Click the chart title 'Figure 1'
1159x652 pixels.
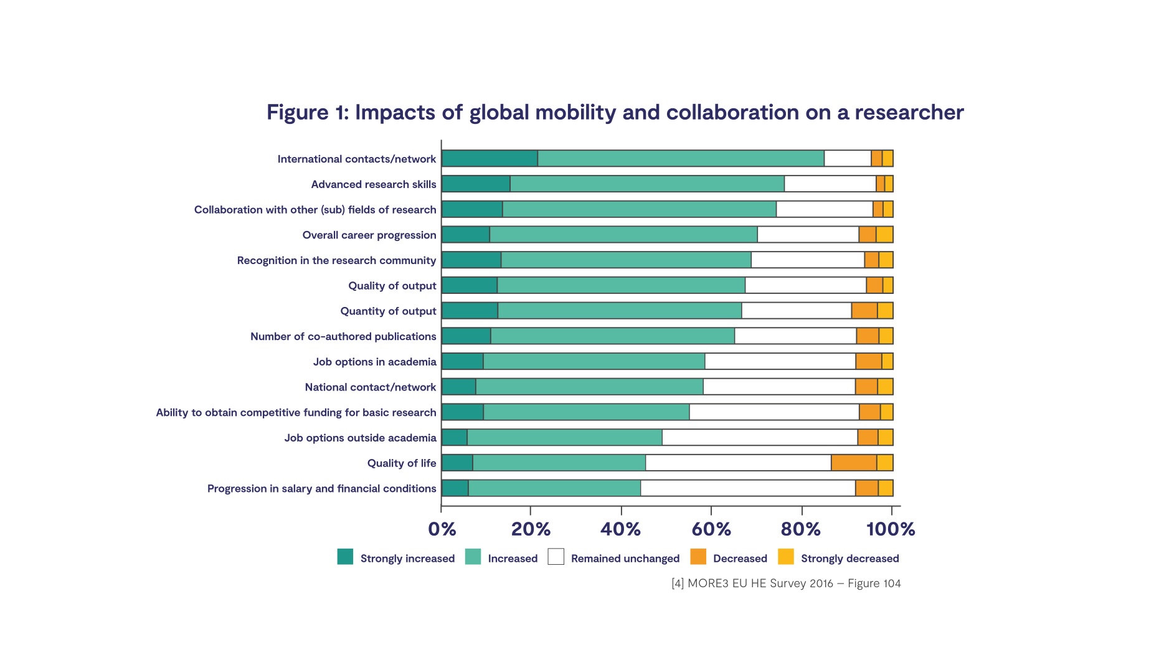pos(615,112)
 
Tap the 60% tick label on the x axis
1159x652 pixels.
pos(711,529)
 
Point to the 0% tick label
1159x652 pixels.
pos(442,529)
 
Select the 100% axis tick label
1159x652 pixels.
pos(890,529)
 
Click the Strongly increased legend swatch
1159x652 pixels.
pos(345,557)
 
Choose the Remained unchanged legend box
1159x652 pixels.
pos(556,557)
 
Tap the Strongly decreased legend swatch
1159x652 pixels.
pos(786,557)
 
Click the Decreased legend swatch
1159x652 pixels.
pos(698,557)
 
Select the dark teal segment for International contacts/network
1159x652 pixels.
pos(490,158)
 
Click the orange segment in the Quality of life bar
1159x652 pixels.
pos(853,463)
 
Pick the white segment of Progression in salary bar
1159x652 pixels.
pos(747,488)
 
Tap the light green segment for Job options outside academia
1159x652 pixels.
pos(564,437)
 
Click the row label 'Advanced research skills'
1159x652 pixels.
pos(374,184)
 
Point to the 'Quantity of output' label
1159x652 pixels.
pos(388,311)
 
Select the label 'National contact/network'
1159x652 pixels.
pos(371,387)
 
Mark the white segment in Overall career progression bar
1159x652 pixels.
pos(808,235)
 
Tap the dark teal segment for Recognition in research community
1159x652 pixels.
pos(471,260)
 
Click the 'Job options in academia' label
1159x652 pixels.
pos(374,362)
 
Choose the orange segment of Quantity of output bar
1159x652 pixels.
pos(864,311)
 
